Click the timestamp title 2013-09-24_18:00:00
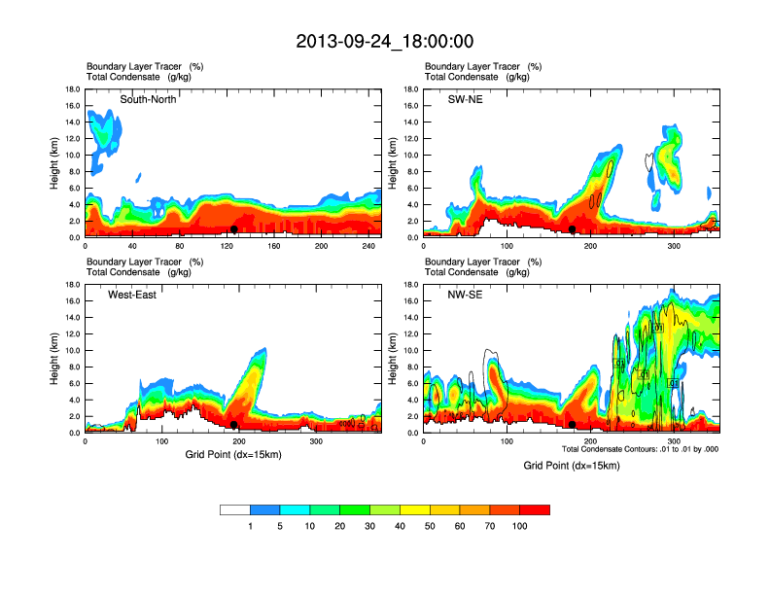coord(385,42)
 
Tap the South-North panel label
coord(148,99)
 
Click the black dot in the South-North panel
coord(234,229)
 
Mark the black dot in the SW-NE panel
coord(573,229)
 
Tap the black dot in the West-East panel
coord(234,425)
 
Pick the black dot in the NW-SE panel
coord(573,425)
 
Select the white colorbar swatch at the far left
coord(235,509)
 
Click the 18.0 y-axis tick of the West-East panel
coord(72,285)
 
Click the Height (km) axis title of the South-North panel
coord(55,163)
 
